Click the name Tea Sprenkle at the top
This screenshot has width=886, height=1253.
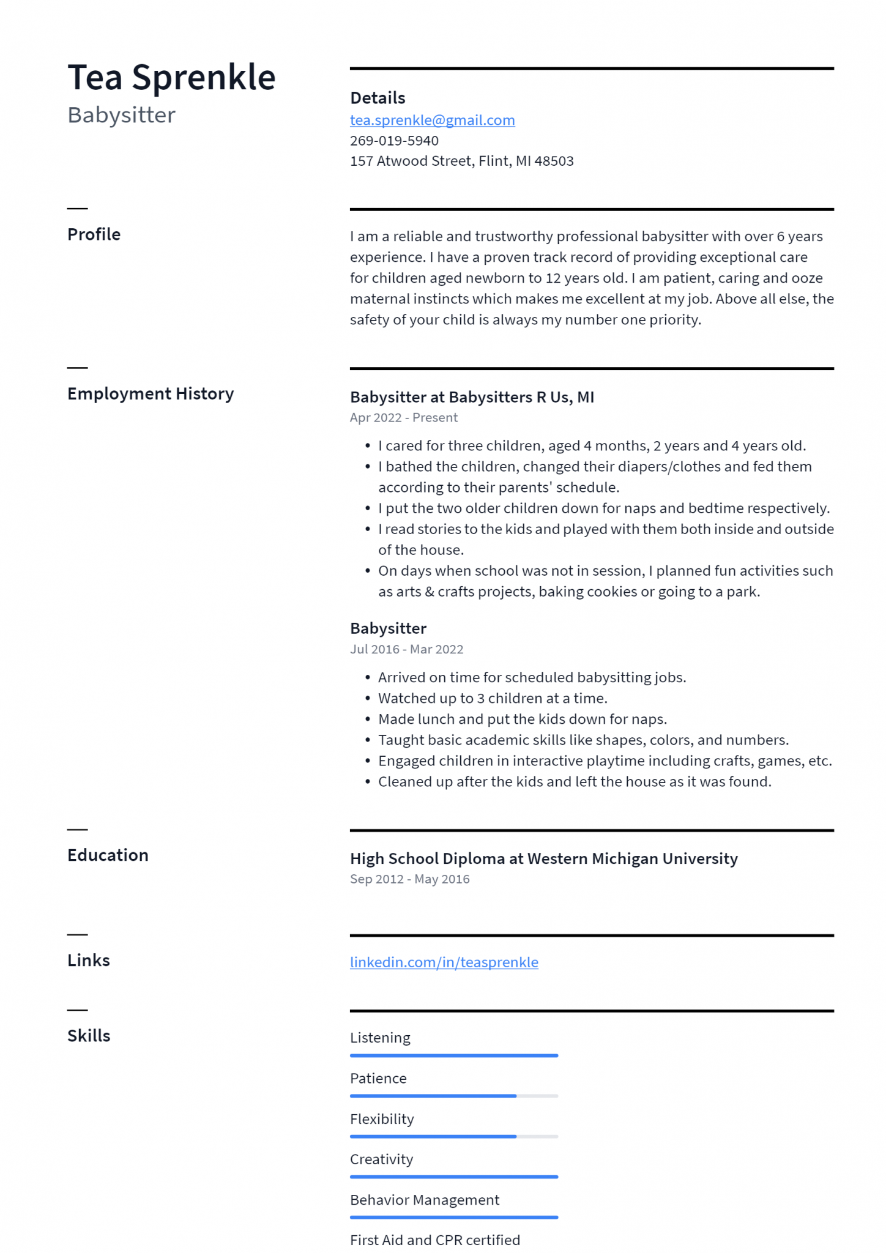pos(171,78)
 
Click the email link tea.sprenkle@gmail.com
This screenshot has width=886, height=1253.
pos(432,120)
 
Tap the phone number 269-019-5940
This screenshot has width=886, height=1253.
pos(394,141)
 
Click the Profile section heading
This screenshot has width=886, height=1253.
pos(94,234)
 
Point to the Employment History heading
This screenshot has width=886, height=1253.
pos(151,393)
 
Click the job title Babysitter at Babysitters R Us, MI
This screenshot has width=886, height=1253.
pos(472,397)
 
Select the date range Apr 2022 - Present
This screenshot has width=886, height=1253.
pos(403,418)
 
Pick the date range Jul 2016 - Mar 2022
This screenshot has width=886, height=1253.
pos(406,649)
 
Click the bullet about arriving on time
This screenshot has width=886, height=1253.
pos(532,677)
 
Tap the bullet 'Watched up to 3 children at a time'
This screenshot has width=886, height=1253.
pos(493,698)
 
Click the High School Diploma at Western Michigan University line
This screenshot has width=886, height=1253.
pos(543,858)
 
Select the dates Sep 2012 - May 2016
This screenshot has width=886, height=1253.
pos(409,879)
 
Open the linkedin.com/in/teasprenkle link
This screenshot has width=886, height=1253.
pos(444,962)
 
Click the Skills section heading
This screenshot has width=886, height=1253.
pos(89,1036)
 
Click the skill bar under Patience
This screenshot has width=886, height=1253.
pos(453,1096)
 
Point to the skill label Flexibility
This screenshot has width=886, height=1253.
pos(382,1119)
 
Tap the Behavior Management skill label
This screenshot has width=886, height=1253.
pos(425,1200)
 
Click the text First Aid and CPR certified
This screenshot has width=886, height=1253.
pos(434,1240)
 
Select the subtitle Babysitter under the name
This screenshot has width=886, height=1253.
pos(121,115)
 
